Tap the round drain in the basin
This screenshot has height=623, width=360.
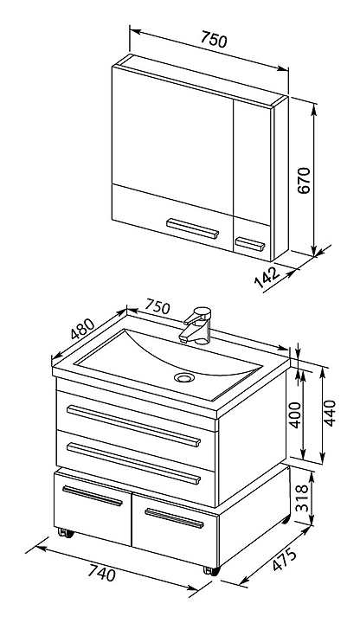pyautogui.click(x=184, y=376)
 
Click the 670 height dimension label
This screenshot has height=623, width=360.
pyautogui.click(x=304, y=180)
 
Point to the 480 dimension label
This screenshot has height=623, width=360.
pyautogui.click(x=82, y=329)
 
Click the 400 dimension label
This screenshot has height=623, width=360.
pyautogui.click(x=295, y=414)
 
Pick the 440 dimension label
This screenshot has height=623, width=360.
pyautogui.click(x=330, y=414)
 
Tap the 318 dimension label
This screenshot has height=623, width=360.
pyautogui.click(x=302, y=498)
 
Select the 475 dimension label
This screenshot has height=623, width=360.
pyautogui.click(x=284, y=561)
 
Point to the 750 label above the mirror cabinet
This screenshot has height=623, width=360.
pyautogui.click(x=214, y=39)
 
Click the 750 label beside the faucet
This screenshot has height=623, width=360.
pyautogui.click(x=157, y=306)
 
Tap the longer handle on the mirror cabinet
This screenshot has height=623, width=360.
pyautogui.click(x=192, y=228)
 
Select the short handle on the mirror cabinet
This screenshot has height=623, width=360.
pyautogui.click(x=250, y=244)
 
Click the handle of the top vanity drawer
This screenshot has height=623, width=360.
pyautogui.click(x=133, y=426)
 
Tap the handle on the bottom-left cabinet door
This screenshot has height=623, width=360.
pyautogui.click(x=93, y=496)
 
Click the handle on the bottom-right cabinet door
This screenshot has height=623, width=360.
pyautogui.click(x=175, y=518)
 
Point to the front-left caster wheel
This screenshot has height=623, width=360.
pyautogui.click(x=66, y=533)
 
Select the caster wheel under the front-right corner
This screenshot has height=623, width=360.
pyautogui.click(x=211, y=571)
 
